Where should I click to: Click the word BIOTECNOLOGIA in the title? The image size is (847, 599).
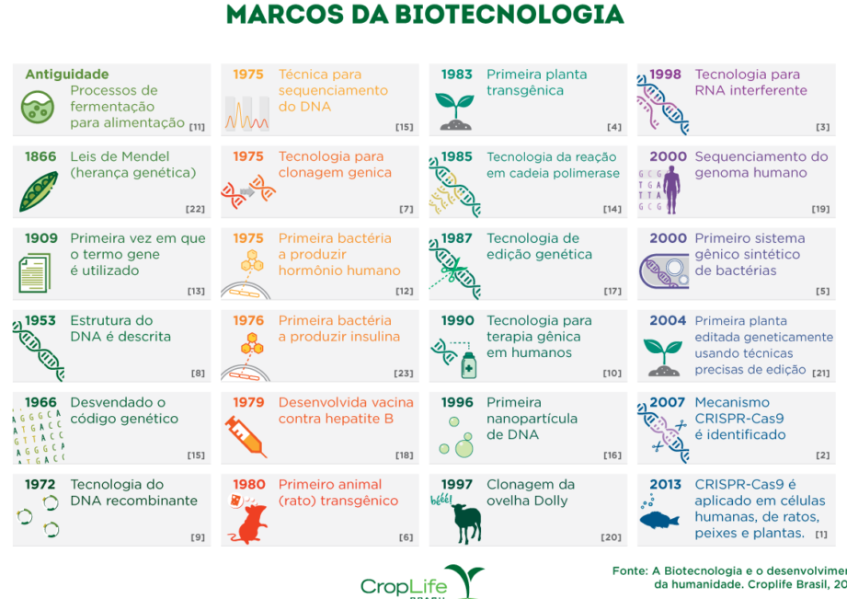pyautogui.click(x=509, y=15)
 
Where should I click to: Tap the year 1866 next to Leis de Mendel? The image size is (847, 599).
pyautogui.click(x=40, y=156)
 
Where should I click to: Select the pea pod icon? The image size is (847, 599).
pyautogui.click(x=38, y=191)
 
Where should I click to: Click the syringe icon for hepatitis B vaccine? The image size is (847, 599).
pyautogui.click(x=246, y=435)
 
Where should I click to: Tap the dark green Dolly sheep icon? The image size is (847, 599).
pyautogui.click(x=466, y=522)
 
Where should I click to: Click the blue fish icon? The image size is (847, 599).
pyautogui.click(x=659, y=520)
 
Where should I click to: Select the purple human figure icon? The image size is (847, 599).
pyautogui.click(x=672, y=190)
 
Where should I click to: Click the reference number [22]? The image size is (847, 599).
pyautogui.click(x=195, y=209)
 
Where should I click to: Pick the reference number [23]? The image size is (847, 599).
pyautogui.click(x=403, y=374)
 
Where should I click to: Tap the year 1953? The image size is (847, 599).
pyautogui.click(x=40, y=320)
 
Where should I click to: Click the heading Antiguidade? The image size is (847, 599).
pyautogui.click(x=67, y=74)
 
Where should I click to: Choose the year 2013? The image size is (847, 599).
pyautogui.click(x=666, y=484)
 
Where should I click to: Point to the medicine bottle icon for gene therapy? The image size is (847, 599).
pyautogui.click(x=468, y=365)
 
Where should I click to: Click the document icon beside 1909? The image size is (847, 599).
pyautogui.click(x=35, y=273)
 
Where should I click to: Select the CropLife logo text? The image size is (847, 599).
pyautogui.click(x=404, y=586)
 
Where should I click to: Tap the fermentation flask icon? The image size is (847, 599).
pyautogui.click(x=38, y=107)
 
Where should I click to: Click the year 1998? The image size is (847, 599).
pyautogui.click(x=666, y=75)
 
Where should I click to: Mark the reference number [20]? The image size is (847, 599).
pyautogui.click(x=611, y=537)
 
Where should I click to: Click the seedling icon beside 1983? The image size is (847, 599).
pyautogui.click(x=455, y=111)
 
